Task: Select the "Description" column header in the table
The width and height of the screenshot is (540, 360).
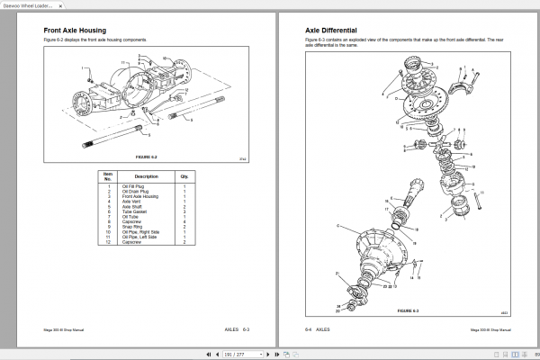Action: tap(146, 176)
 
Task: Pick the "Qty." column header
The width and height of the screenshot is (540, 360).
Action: tap(184, 176)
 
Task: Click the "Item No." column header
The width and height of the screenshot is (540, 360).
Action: tap(108, 176)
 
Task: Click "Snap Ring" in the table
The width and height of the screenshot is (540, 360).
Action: tap(133, 226)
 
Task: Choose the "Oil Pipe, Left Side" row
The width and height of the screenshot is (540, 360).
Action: tap(142, 237)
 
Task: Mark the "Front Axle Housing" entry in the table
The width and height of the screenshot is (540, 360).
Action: tap(140, 196)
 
